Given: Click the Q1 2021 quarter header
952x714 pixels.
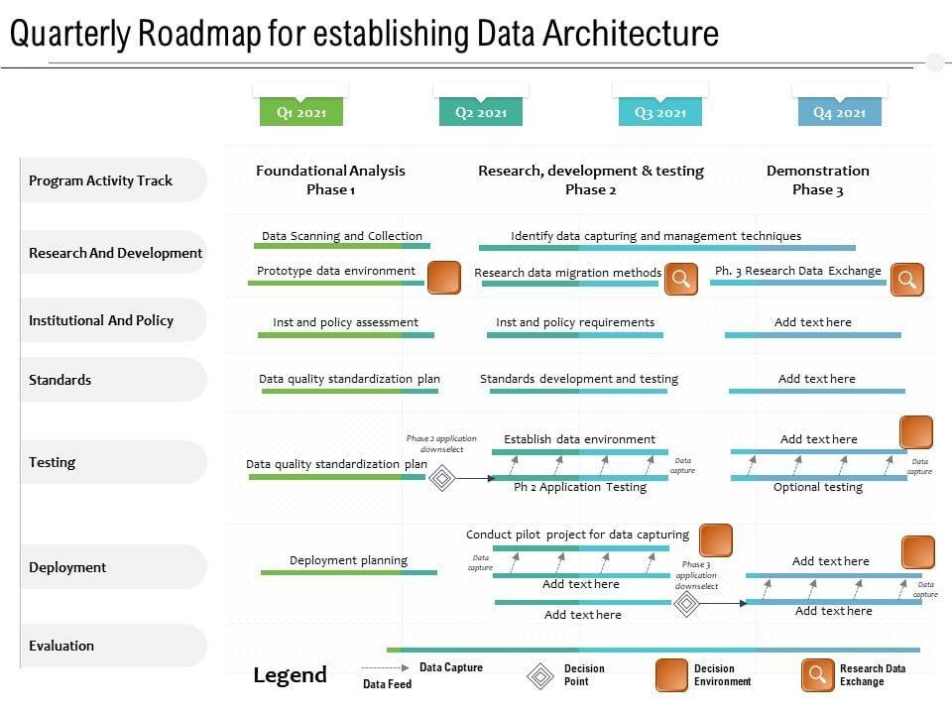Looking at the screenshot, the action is [x=301, y=112].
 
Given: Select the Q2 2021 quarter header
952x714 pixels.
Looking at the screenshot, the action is [x=481, y=112].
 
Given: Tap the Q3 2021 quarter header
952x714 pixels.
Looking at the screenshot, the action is [x=660, y=112].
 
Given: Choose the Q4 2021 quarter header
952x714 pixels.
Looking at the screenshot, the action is [x=840, y=112].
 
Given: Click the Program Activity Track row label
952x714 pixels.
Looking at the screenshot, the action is [x=101, y=180].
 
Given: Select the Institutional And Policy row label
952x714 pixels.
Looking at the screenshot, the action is [x=101, y=320].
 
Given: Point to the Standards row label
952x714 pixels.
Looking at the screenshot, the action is [x=60, y=380].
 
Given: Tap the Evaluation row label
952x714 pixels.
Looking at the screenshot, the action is [x=61, y=646].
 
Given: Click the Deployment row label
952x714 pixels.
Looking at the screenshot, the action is [x=67, y=567].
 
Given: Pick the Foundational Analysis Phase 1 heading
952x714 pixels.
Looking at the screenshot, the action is [x=330, y=179].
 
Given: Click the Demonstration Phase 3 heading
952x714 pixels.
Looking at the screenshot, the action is [x=818, y=179].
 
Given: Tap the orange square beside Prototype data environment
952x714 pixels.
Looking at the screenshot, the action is [x=443, y=278].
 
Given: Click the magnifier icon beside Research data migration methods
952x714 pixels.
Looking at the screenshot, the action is [x=680, y=279].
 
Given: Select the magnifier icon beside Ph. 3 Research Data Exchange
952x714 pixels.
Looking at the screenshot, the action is [x=906, y=279].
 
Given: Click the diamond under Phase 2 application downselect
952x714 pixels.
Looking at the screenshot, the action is [x=441, y=479].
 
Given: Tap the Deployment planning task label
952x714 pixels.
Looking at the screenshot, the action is [x=348, y=560].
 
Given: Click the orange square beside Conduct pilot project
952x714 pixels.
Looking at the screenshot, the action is [x=716, y=540].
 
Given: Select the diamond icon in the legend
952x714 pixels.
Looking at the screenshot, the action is [x=540, y=676].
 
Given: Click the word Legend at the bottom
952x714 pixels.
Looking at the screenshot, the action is [x=290, y=675].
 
